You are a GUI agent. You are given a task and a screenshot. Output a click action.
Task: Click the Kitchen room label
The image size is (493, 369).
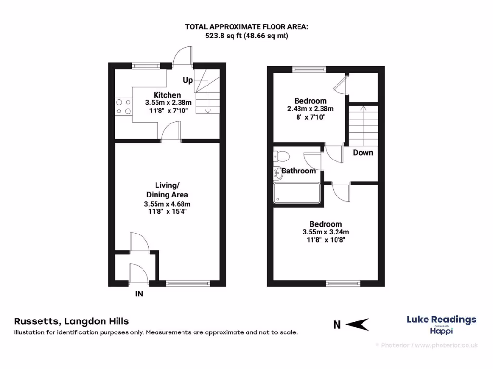pos(167,95)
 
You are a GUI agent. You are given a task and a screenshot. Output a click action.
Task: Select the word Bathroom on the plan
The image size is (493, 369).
pos(298,171)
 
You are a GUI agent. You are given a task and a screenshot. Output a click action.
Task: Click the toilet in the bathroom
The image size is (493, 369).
pos(281,156)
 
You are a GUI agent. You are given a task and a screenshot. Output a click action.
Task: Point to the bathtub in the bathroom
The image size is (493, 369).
pos(297,194)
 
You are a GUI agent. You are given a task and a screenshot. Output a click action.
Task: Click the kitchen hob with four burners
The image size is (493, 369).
pos(124,106)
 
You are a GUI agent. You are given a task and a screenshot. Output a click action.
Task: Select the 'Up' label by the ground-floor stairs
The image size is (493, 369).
pos(187,80)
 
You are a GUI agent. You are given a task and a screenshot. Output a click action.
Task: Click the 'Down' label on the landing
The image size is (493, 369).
pos(363,153)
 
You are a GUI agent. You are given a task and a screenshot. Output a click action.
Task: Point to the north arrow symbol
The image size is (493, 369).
pos(357,325)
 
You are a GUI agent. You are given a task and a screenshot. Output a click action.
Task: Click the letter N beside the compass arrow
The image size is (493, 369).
pos(337,325)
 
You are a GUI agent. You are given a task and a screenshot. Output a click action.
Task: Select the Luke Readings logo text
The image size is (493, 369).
pos(441,320)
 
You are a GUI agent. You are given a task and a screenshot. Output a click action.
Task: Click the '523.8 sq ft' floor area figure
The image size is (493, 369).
pos(221,36)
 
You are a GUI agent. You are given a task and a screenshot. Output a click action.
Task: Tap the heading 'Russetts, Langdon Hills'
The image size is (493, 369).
pos(72,321)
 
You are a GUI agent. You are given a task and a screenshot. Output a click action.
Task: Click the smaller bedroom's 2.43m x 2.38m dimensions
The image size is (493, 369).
pos(311,109)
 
